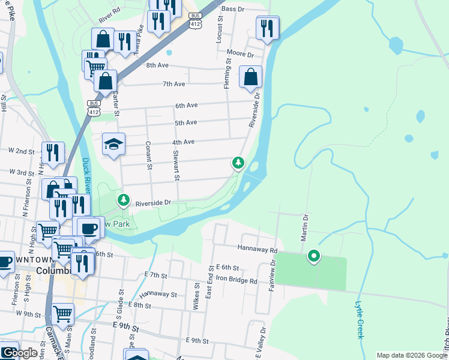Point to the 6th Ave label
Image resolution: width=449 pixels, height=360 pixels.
point(186,106)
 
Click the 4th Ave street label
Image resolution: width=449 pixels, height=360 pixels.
point(184,142)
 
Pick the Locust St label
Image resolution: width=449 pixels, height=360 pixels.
point(219,34)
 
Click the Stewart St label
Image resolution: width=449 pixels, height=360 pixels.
point(176,166)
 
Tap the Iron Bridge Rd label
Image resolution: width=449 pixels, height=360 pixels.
point(237,280)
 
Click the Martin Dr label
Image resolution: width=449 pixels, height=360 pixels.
point(305,226)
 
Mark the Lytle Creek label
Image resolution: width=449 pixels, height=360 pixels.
point(360,320)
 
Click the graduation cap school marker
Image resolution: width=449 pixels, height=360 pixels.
point(113,143)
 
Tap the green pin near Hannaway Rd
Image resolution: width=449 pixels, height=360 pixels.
point(313,257)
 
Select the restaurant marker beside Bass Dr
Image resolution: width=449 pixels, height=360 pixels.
point(267,27)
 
